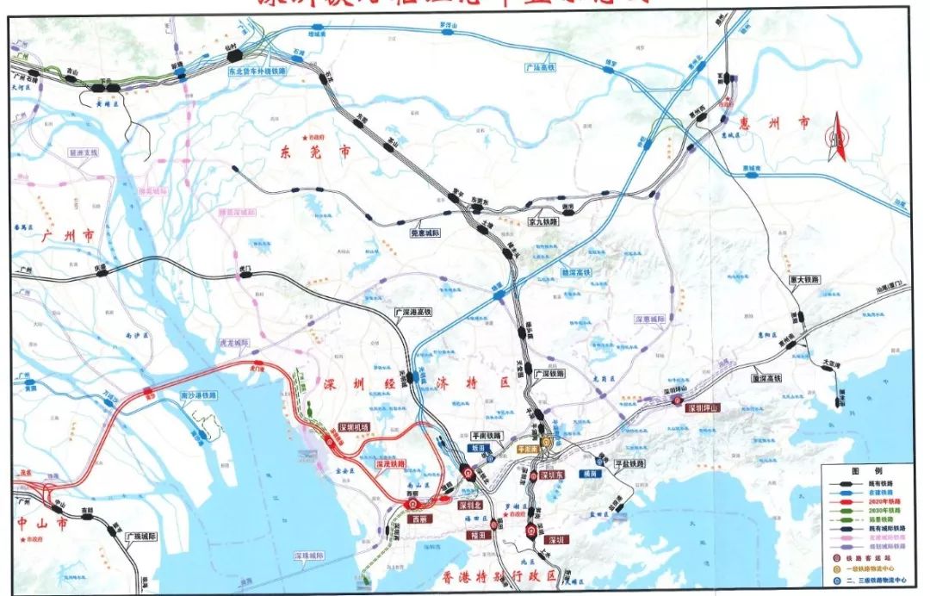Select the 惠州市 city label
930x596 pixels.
[778, 124]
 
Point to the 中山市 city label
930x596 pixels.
[37, 522]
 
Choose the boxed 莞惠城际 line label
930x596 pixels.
[425, 233]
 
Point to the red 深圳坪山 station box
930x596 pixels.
[704, 408]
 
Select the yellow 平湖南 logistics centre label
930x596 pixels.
[528, 449]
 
